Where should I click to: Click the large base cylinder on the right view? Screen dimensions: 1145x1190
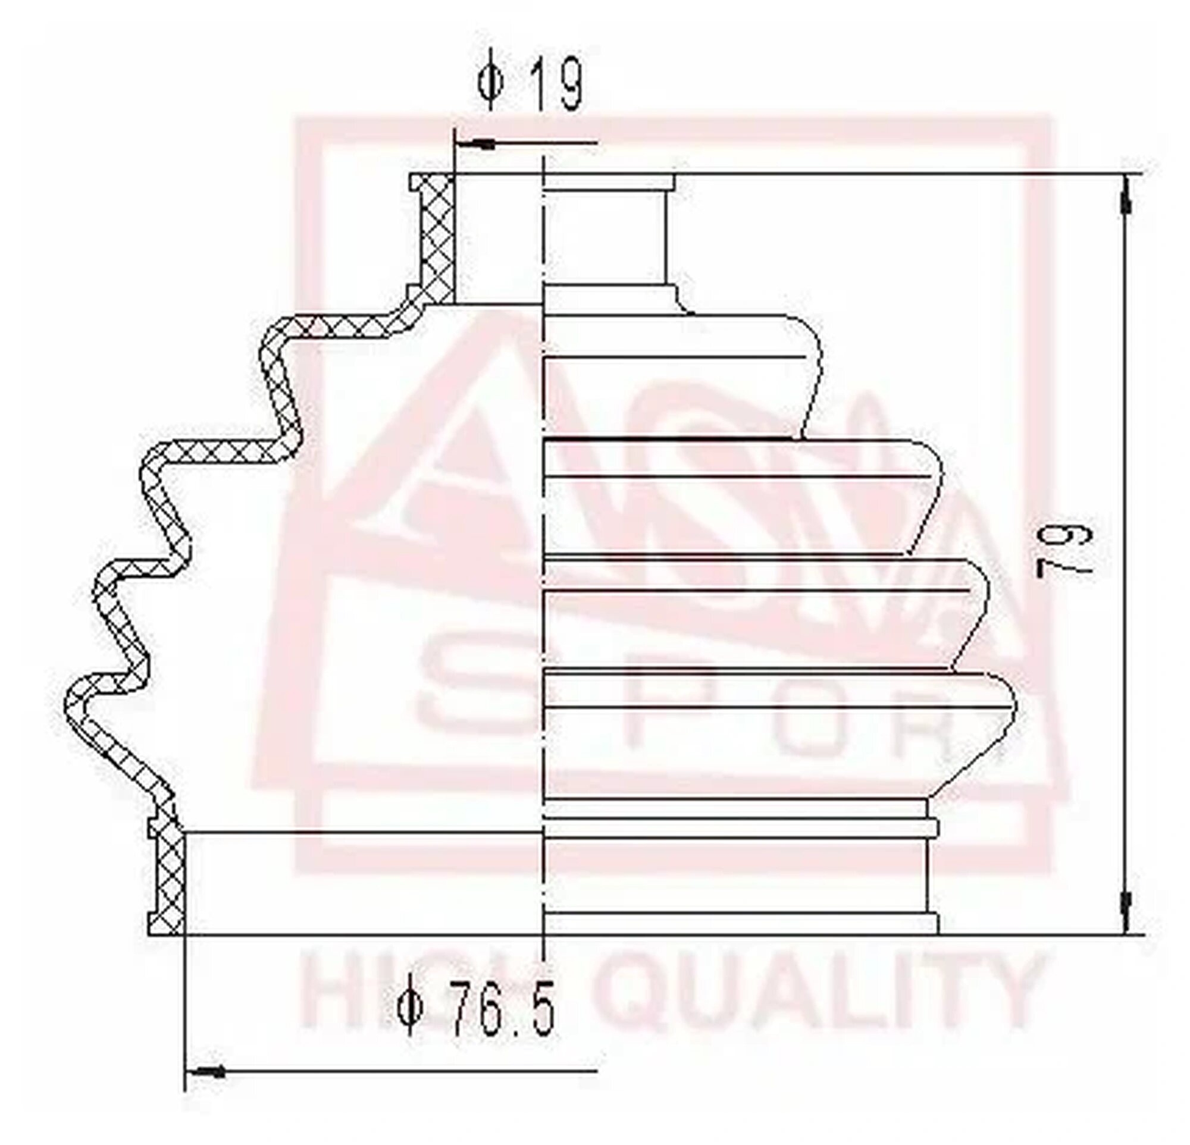click(x=728, y=880)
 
